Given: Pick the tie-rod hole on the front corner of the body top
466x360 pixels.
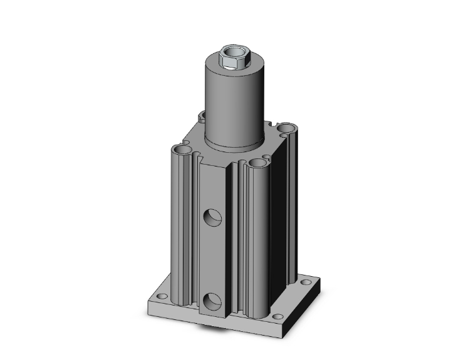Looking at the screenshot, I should point(257,164).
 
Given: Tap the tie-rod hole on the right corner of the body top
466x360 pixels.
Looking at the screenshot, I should point(287,129).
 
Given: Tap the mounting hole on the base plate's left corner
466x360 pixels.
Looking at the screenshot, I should point(162,296).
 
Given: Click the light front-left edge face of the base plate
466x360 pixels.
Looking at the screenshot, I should point(188,317).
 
